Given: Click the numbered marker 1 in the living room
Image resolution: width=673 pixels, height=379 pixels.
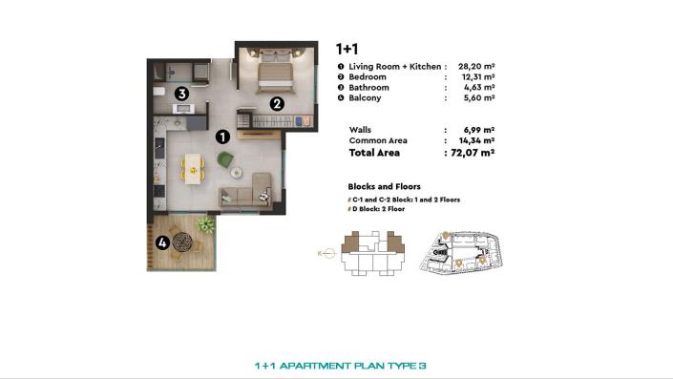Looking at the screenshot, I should pyautogui.click(x=222, y=137).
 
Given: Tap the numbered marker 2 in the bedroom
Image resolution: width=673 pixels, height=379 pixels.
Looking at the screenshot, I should pyautogui.click(x=276, y=104).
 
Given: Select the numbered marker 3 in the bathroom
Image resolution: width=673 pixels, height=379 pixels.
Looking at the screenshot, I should pyautogui.click(x=180, y=94).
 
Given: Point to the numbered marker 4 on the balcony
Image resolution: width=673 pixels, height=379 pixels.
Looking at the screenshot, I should pyautogui.click(x=163, y=242).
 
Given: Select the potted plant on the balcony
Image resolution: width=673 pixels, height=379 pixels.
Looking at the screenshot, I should pyautogui.click(x=204, y=225).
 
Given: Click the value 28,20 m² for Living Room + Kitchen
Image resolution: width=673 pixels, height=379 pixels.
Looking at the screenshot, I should pyautogui.click(x=475, y=67).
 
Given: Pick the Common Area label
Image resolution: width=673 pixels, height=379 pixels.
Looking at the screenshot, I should pyautogui.click(x=378, y=140).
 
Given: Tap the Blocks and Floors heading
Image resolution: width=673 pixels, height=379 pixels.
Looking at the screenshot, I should pyautogui.click(x=385, y=186).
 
